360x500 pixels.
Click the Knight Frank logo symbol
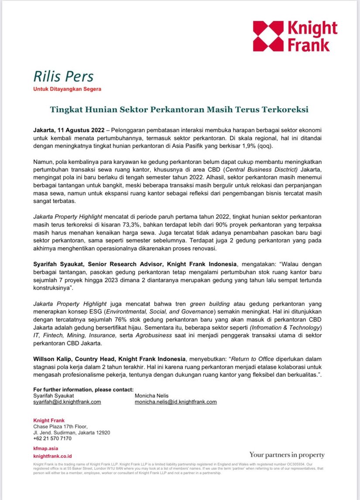[268, 36]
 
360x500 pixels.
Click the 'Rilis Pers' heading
[63, 76]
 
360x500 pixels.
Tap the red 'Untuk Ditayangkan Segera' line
[67, 90]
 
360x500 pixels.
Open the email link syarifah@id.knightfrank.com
[67, 402]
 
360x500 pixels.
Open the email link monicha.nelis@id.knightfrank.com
[176, 402]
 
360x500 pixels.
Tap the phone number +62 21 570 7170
[52, 438]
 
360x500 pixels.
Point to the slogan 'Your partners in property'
[287, 455]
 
